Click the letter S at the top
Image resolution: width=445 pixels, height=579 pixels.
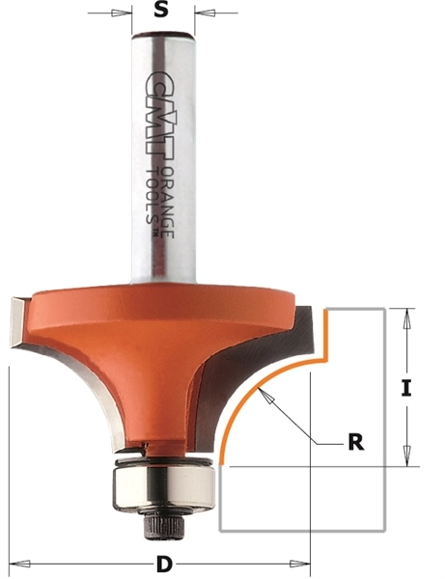coord(162,14)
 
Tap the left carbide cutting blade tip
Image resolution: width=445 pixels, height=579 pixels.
coord(19,318)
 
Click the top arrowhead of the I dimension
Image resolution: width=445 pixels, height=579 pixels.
coord(407,315)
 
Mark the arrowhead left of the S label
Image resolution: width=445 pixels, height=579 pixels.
coord(124,14)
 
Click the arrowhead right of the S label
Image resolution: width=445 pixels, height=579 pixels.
coord(203,14)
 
